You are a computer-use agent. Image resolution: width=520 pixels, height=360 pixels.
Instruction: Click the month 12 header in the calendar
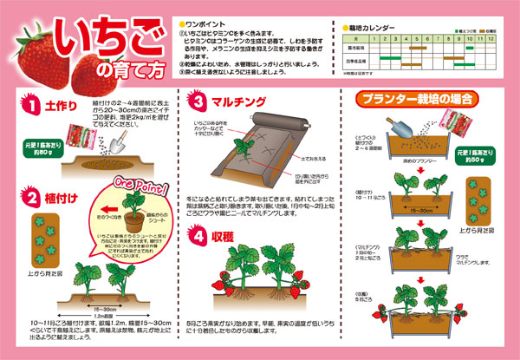coord(490,40)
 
